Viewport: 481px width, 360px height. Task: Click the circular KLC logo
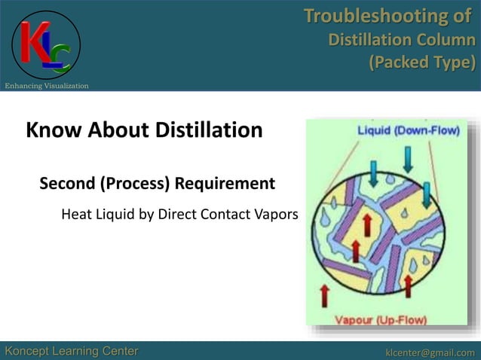click(x=46, y=44)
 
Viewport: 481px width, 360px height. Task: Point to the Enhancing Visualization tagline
click(x=47, y=86)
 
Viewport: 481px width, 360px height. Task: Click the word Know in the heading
click(x=51, y=131)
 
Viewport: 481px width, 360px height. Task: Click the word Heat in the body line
click(x=77, y=215)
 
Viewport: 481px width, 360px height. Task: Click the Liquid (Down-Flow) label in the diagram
click(x=407, y=130)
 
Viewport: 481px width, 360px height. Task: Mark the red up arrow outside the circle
click(x=325, y=295)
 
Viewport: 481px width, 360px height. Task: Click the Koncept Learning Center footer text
click(x=72, y=351)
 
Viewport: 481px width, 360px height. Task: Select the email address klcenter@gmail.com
click(x=430, y=352)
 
